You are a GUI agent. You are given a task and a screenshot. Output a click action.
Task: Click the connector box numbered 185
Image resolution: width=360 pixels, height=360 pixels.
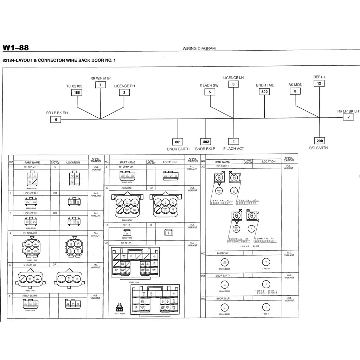[x=77, y=93]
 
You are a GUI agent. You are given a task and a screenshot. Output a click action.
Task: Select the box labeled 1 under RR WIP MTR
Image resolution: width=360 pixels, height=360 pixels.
[x=101, y=85]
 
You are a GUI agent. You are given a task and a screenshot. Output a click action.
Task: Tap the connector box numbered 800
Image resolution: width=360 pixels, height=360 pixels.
[x=264, y=92]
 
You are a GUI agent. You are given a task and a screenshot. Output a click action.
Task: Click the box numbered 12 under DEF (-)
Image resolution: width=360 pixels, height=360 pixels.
[x=319, y=83]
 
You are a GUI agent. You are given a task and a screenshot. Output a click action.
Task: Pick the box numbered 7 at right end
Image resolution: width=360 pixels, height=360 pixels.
[x=348, y=117]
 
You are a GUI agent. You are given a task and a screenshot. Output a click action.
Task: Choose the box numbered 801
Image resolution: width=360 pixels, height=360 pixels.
[x=178, y=142]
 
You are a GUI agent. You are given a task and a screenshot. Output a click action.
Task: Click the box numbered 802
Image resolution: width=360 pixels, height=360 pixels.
[x=206, y=142]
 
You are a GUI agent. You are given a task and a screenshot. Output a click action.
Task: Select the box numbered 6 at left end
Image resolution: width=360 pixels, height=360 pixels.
[x=56, y=120]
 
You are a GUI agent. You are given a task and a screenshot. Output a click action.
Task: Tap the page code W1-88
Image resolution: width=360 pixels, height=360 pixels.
[x=15, y=48]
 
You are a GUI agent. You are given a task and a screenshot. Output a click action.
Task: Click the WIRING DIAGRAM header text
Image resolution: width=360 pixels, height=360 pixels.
[x=199, y=49]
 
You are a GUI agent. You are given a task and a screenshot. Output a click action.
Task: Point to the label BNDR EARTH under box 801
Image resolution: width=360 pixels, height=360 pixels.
[x=178, y=149]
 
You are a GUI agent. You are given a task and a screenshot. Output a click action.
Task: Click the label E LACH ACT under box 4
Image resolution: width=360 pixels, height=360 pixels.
[x=233, y=149]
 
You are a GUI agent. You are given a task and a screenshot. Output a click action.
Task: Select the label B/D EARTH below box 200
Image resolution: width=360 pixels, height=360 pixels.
[x=319, y=148]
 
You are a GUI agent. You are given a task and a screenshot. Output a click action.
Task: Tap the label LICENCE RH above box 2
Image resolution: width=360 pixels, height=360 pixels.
[x=124, y=86]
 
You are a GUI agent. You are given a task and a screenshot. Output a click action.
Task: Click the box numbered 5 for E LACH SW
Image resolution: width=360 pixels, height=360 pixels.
[x=210, y=92]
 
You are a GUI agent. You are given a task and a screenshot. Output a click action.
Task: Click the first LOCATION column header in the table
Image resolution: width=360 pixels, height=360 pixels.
[x=73, y=162]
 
